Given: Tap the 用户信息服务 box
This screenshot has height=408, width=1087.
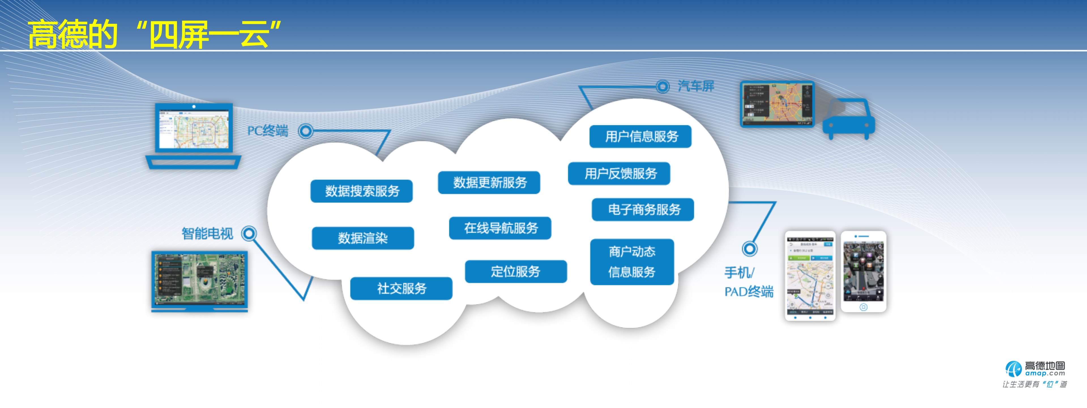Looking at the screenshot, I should pyautogui.click(x=640, y=136).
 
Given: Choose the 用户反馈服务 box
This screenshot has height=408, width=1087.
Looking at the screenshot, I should pyautogui.click(x=620, y=174).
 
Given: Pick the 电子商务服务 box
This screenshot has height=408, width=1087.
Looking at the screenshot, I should pyautogui.click(x=643, y=210).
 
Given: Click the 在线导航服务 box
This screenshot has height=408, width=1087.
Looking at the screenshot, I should pyautogui.click(x=500, y=228).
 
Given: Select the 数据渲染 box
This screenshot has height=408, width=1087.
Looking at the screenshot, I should pyautogui.click(x=363, y=238).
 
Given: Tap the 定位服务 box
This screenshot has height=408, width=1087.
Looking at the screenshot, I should pyautogui.click(x=516, y=272).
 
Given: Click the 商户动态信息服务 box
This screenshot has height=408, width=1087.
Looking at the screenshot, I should pyautogui.click(x=632, y=262).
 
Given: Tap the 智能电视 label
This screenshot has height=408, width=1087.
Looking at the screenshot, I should pyautogui.click(x=207, y=233).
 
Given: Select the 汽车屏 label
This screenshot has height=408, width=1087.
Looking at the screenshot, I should pyautogui.click(x=696, y=86).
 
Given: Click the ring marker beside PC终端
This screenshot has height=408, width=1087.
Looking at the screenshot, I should pyautogui.click(x=306, y=131).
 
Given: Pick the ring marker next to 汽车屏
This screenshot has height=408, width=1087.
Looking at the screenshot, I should pyautogui.click(x=663, y=86).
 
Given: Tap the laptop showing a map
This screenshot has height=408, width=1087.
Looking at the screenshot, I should pyautogui.click(x=194, y=135).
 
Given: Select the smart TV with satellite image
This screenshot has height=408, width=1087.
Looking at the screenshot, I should pyautogui.click(x=200, y=280).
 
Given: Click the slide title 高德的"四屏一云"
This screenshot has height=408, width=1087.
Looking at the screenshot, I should pyautogui.click(x=154, y=34).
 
